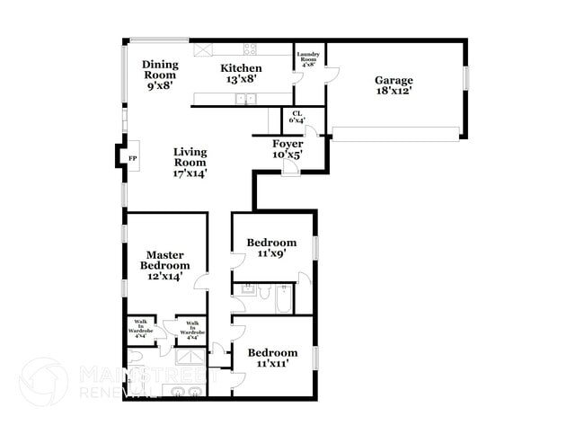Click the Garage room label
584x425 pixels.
[x=394, y=85]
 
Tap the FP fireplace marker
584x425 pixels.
[x=133, y=158]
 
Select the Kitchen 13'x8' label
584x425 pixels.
[x=241, y=74]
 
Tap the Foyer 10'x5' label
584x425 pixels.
[x=288, y=148]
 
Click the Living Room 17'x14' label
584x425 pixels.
[x=190, y=163]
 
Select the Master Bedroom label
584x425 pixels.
[x=165, y=266]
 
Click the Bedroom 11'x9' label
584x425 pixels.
[x=271, y=248]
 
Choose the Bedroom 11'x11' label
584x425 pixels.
[x=271, y=359]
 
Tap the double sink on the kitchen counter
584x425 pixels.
[x=244, y=99]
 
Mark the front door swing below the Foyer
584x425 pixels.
[x=290, y=170]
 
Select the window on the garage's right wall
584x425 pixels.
[x=466, y=78]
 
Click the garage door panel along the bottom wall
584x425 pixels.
[x=396, y=133]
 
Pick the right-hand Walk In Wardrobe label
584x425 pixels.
[x=191, y=328]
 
